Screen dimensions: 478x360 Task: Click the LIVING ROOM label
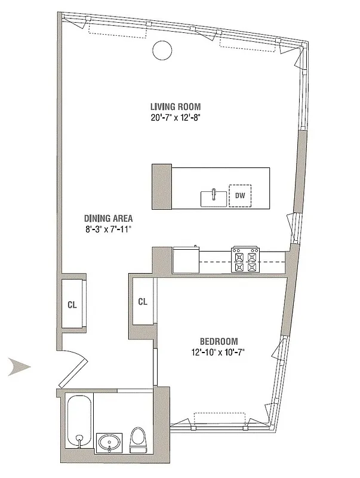tap(174, 107)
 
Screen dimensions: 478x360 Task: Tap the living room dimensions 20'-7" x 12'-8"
tap(174, 118)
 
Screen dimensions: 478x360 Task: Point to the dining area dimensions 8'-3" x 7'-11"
tap(108, 228)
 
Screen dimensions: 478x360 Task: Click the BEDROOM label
tap(219, 341)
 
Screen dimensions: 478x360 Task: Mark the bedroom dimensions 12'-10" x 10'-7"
tap(219, 351)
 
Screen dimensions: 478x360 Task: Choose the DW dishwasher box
tap(240, 195)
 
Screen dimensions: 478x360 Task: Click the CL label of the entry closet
tap(72, 305)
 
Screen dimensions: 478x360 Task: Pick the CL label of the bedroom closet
tap(143, 302)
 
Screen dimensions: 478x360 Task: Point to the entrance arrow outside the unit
tap(20, 366)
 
